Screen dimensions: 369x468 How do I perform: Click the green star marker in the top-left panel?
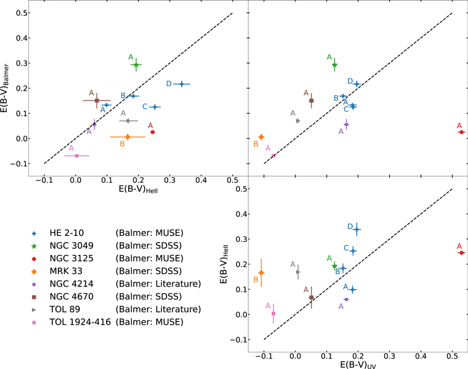coord(136,65)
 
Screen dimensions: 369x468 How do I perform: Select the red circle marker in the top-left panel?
coord(153,132)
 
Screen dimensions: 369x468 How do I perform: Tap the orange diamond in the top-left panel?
coord(127,137)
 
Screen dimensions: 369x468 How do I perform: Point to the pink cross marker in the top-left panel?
coord(76,156)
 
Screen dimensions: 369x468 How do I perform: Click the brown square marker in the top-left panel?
coord(97,100)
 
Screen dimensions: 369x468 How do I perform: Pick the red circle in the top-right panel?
coord(461,132)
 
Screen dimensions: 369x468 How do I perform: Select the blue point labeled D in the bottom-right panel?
coord(357,229)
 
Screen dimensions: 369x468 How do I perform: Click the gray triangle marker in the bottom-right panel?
coord(298,272)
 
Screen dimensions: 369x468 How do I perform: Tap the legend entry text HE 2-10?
coord(65,233)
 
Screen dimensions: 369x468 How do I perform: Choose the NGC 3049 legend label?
coord(70,248)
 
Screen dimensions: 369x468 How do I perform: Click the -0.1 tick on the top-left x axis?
coord(44,181)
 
